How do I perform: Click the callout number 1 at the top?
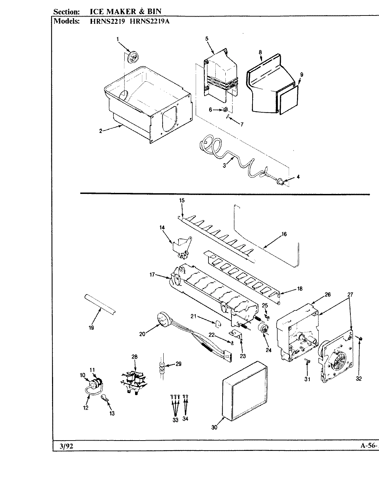point(117,40)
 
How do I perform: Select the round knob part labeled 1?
point(132,57)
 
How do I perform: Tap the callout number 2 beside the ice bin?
point(101,131)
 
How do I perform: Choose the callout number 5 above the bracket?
point(207,39)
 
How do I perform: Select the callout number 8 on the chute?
point(260,52)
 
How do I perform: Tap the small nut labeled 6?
point(225,110)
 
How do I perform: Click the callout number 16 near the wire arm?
point(284,234)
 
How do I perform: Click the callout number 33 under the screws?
point(175,420)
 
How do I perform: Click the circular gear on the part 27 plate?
point(338,363)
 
